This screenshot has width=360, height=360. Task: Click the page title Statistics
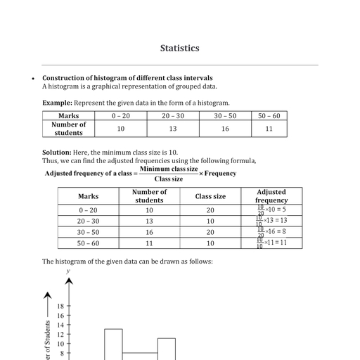click(179, 49)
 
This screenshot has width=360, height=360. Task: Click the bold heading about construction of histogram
click(127, 78)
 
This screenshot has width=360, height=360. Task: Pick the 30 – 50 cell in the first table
click(225, 115)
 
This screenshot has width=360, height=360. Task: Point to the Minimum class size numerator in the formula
click(168, 169)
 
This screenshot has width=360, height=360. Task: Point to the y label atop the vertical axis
click(68, 271)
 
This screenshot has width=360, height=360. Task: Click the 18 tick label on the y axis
click(60, 307)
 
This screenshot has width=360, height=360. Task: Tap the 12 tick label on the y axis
click(60, 335)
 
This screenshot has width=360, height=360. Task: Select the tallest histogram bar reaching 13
click(113, 345)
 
